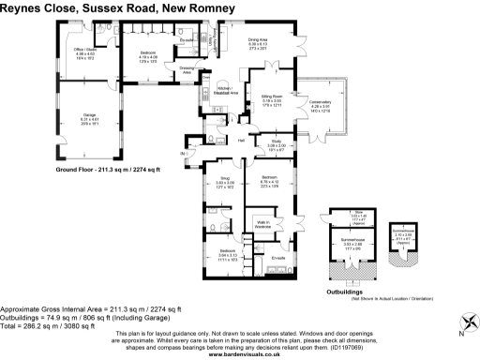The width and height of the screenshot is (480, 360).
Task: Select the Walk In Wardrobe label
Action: [x=263, y=223]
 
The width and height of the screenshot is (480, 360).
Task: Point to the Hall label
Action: [x=241, y=141]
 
